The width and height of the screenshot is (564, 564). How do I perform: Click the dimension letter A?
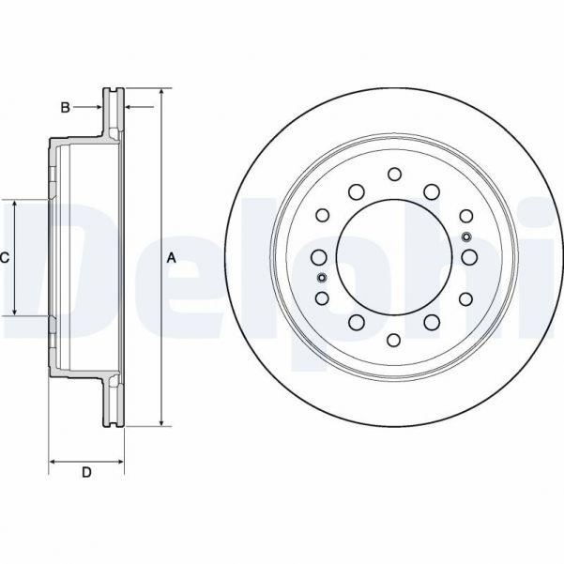tap(171, 257)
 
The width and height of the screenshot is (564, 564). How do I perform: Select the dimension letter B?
tap(65, 108)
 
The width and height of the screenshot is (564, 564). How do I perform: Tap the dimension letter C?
tap(5, 257)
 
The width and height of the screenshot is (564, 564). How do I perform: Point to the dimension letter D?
tap(85, 472)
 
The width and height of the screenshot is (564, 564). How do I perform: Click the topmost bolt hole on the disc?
tap(394, 174)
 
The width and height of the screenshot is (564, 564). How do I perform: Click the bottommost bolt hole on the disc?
tap(394, 340)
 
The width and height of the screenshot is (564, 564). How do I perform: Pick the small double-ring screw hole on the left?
tap(321, 278)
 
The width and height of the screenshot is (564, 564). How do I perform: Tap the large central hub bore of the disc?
tap(394, 257)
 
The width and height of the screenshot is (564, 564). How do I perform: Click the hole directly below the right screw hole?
tap(469, 256)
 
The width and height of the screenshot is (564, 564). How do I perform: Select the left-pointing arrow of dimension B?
tap(130, 108)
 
